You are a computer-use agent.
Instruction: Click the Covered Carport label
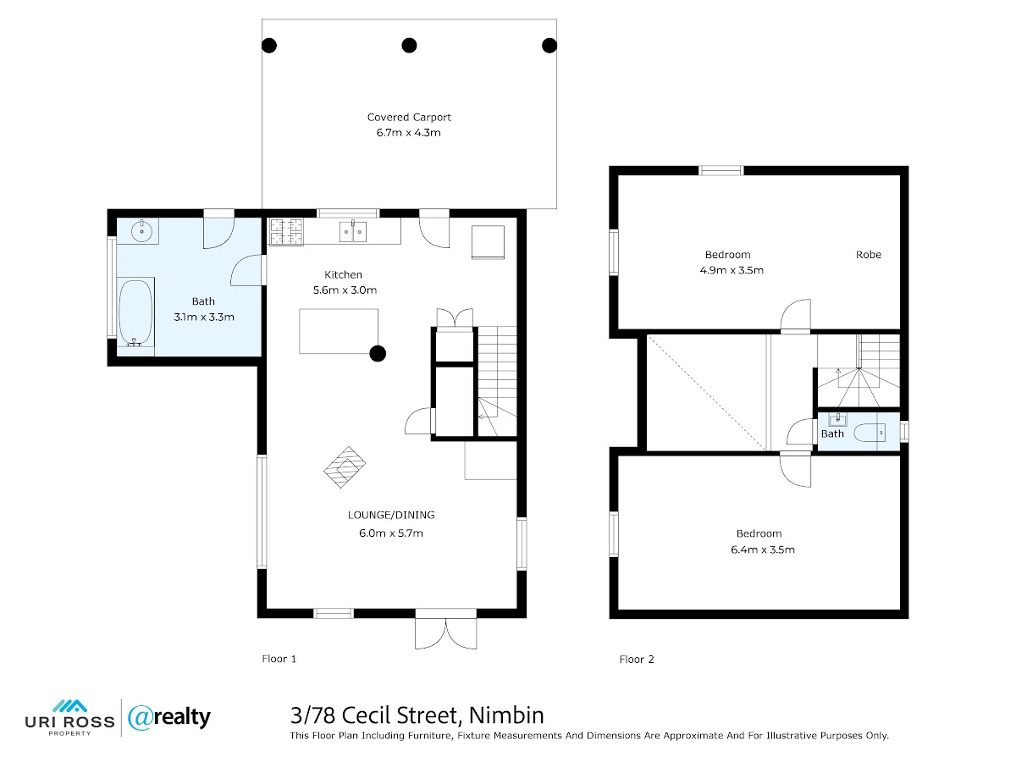(409, 117)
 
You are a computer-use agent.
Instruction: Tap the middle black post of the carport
(409, 46)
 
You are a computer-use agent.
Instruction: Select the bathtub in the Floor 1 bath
(135, 312)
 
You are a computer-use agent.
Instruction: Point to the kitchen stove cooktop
(286, 231)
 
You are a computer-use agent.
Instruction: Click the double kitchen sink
(353, 231)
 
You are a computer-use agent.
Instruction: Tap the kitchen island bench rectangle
(339, 331)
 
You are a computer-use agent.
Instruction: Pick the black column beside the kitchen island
(378, 354)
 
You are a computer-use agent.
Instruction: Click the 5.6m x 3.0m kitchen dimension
(345, 290)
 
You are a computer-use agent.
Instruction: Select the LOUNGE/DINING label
(391, 515)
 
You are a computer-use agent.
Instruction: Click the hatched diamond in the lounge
(345, 467)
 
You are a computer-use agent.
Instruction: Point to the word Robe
(869, 255)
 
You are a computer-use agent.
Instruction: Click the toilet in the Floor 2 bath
(870, 433)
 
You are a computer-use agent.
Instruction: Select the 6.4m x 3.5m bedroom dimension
(763, 549)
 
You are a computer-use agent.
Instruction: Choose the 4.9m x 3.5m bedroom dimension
(732, 270)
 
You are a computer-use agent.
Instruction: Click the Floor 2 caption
(637, 660)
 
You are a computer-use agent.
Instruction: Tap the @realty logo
(169, 718)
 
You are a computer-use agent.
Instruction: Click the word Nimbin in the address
(506, 715)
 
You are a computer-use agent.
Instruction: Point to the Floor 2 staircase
(858, 370)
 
